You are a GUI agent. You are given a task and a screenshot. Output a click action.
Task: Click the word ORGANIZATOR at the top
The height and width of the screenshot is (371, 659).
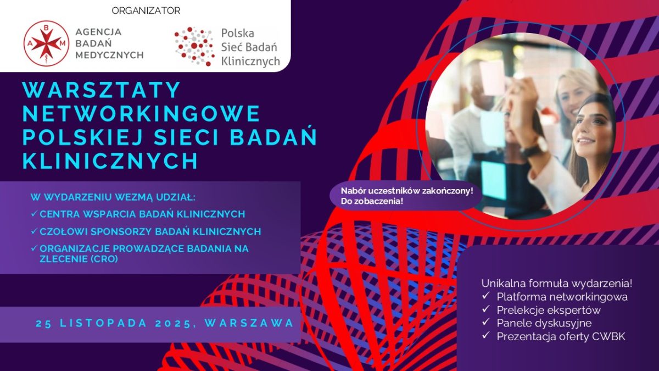click(x=146, y=11)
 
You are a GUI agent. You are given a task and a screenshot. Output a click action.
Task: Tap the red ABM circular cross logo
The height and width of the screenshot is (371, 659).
click(x=46, y=43)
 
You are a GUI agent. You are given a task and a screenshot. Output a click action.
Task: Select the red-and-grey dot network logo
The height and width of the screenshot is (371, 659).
click(x=194, y=46)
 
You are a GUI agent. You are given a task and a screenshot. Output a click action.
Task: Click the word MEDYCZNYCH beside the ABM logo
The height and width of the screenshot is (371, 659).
click(x=109, y=55)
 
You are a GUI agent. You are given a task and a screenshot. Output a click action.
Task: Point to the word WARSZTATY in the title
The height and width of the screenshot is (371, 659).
click(x=102, y=90)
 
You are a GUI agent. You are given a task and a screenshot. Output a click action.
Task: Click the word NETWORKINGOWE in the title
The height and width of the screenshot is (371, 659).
click(x=142, y=113)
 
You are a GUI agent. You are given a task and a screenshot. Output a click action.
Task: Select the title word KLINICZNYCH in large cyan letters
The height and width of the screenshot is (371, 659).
click(x=110, y=160)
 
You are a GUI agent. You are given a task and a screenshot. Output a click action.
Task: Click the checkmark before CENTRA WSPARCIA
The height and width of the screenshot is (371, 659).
click(x=34, y=213)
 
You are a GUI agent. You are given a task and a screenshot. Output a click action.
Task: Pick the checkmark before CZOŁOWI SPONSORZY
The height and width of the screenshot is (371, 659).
click(x=34, y=231)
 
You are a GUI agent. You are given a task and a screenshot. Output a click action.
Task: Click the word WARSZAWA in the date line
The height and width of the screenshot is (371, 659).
click(x=249, y=323)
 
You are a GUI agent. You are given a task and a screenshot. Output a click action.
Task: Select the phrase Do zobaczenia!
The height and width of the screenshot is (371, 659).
click(x=372, y=202)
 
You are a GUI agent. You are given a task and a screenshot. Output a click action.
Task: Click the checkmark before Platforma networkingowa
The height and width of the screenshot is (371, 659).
click(x=485, y=295)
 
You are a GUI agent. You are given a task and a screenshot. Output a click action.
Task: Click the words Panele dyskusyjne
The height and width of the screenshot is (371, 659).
click(x=544, y=323)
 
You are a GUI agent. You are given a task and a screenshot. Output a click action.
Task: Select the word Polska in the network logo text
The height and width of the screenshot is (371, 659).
click(x=237, y=34)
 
